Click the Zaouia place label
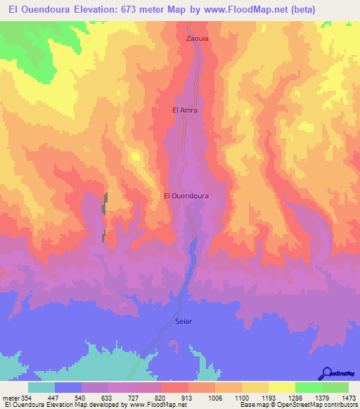(197, 39)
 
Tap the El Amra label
(185, 110)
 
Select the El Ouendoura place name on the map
(186, 196)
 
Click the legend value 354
(25, 398)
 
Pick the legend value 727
(134, 398)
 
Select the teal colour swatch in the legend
(41, 387)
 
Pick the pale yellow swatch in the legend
(282, 387)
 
